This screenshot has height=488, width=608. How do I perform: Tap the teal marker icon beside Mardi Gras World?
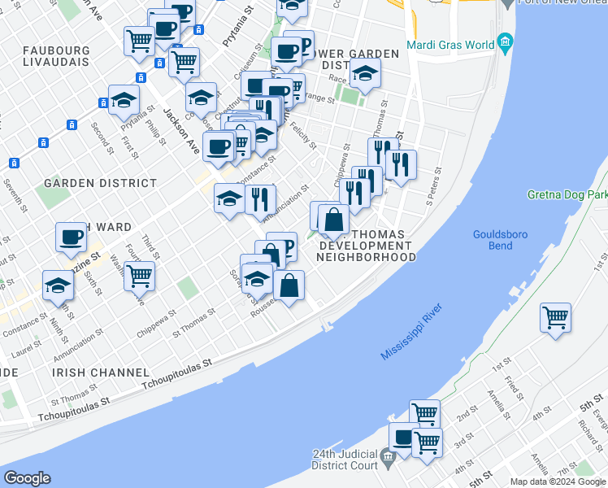505,41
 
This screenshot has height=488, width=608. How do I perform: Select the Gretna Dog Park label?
567,195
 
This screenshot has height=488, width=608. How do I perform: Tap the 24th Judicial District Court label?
345,460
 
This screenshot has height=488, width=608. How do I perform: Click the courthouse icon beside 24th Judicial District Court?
387,456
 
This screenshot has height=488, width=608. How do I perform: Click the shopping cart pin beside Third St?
140,276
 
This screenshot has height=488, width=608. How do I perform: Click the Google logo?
27,478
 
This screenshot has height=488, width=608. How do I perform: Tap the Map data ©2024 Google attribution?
557,481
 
